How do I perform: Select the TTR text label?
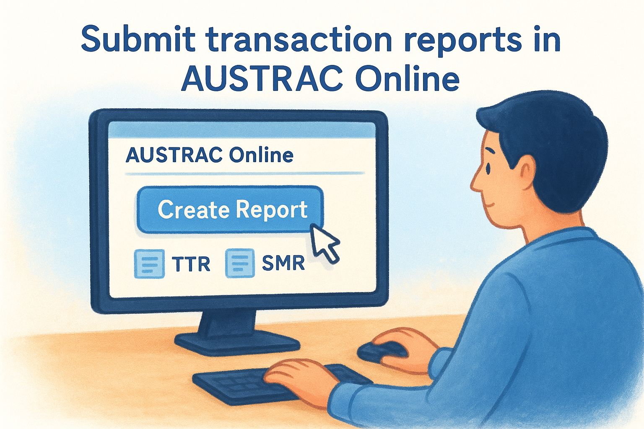click(191, 264)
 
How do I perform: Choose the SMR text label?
click(283, 263)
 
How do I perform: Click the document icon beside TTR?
click(149, 264)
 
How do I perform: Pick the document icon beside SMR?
click(240, 263)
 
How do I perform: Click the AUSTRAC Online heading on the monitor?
click(209, 155)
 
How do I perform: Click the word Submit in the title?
click(138, 39)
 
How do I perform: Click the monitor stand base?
click(237, 341)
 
